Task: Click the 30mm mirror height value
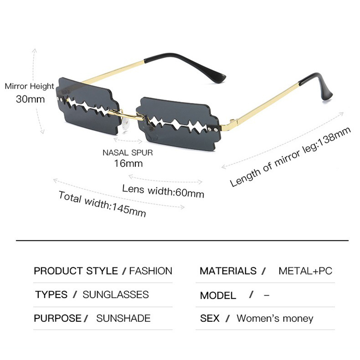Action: [x=30, y=99]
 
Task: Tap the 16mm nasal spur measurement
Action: [x=128, y=163]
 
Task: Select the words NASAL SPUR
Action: [x=128, y=153]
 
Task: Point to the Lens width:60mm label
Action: [x=163, y=191]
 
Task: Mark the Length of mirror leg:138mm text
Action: [x=290, y=157]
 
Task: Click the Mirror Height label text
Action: [x=29, y=86]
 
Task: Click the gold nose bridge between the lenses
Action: [x=127, y=115]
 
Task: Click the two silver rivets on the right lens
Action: [x=213, y=130]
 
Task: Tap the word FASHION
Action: [x=151, y=271]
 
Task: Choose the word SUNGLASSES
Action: [x=116, y=295]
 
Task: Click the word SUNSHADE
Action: [x=123, y=318]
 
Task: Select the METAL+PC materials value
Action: [x=306, y=271]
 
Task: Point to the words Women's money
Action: [x=275, y=319]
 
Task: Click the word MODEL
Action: [x=218, y=296]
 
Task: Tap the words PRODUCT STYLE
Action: [x=76, y=271]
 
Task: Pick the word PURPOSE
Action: [x=58, y=318]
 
